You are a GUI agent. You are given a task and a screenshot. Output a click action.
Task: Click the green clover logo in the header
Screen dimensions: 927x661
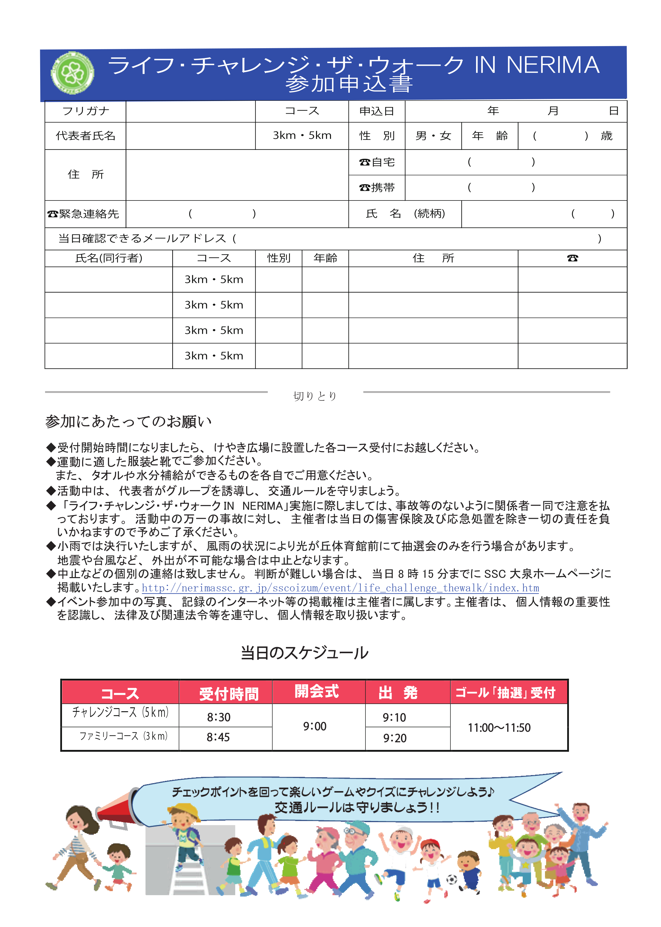coord(73,73)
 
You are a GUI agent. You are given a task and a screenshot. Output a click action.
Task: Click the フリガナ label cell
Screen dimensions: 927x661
coord(85,111)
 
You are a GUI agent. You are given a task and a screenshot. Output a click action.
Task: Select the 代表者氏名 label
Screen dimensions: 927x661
coord(85,135)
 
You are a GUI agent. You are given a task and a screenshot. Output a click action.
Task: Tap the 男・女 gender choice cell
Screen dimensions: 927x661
coord(433,135)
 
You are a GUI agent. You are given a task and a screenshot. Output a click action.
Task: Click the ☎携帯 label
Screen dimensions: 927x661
coord(377,188)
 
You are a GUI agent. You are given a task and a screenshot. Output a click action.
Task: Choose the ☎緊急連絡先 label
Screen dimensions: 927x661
coord(83,214)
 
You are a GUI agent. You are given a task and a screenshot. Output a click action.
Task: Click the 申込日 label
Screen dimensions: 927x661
coord(377,111)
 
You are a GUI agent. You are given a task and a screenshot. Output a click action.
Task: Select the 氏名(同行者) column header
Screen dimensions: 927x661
coord(109,258)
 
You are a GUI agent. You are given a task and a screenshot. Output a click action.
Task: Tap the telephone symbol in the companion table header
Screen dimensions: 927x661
coord(572,258)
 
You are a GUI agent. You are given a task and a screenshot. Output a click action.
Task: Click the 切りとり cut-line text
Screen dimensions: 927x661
coord(315,396)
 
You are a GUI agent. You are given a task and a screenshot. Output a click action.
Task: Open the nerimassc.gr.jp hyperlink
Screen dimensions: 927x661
coord(340,588)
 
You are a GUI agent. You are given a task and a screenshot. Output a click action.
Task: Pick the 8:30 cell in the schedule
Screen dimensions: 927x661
coord(219,717)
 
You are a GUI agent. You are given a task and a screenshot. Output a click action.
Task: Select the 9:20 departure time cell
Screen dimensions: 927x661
coord(394,738)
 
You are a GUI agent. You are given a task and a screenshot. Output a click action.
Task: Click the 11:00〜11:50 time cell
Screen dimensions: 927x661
coord(499,728)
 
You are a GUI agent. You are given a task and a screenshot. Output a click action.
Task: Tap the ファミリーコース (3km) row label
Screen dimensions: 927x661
coord(123,736)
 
